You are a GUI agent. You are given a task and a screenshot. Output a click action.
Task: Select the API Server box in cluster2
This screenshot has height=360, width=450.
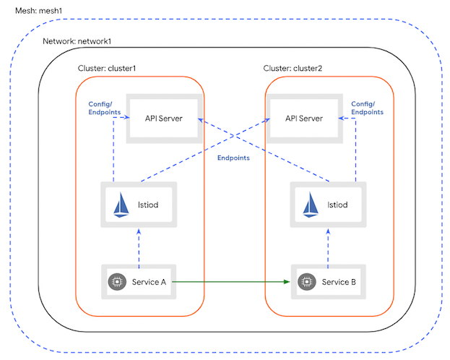[303, 118]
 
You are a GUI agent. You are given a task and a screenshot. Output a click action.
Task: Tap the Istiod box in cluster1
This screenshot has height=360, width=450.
[142, 205]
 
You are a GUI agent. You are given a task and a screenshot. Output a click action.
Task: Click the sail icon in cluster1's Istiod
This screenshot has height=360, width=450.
[121, 205]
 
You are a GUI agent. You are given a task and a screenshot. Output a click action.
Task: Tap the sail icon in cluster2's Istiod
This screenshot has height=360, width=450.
[311, 205]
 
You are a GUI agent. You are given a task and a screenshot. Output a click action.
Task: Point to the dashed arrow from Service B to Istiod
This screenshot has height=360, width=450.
[330, 247]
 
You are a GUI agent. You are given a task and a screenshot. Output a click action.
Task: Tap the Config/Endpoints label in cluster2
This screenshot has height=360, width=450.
[367, 108]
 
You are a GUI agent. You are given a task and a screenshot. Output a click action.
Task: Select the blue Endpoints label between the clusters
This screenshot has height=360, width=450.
[233, 158]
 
